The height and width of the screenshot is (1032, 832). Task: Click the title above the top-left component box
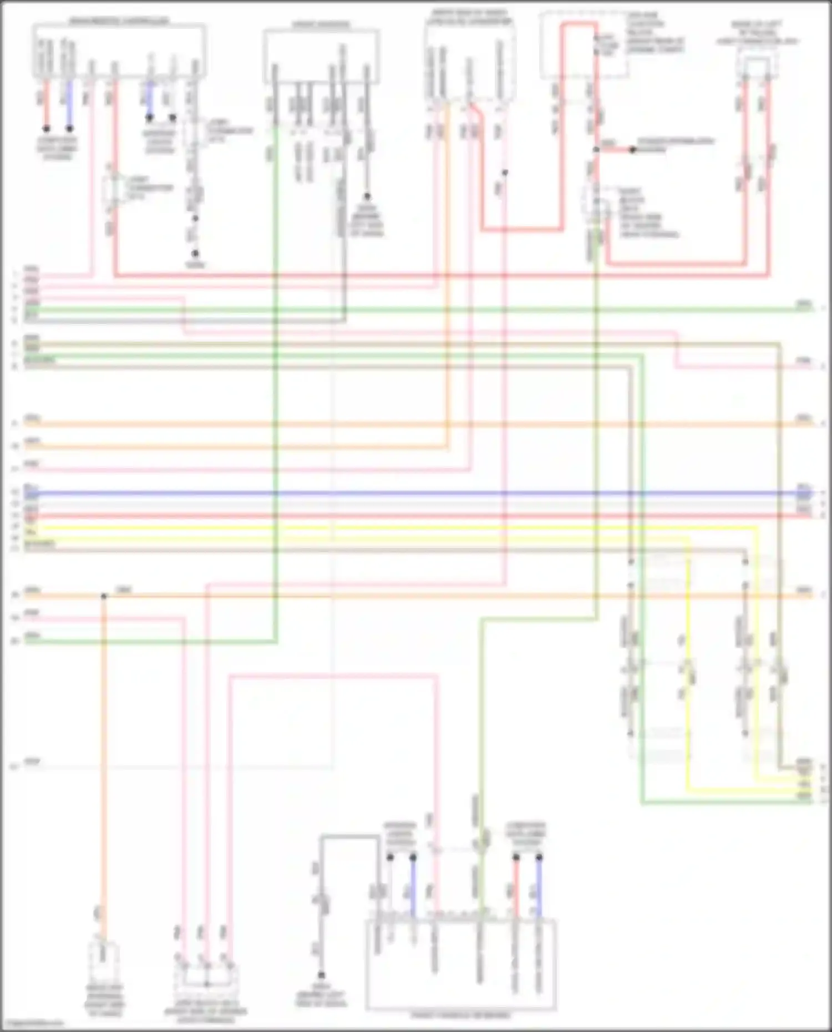point(119,21)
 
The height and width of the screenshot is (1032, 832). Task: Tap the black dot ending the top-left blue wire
point(70,128)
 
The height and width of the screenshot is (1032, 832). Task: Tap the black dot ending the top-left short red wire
point(47,128)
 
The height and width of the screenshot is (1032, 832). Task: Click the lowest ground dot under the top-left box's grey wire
point(195,253)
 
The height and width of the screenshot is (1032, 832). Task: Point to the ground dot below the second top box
point(367,197)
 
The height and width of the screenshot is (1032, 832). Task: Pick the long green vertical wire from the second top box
point(276,388)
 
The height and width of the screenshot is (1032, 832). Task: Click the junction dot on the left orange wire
point(104,596)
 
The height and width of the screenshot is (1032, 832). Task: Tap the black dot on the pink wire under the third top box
point(505,173)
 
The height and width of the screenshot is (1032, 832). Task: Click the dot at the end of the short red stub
point(632,150)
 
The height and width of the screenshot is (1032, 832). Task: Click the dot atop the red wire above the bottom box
point(516,857)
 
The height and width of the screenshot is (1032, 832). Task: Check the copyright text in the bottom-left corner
point(32,1023)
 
